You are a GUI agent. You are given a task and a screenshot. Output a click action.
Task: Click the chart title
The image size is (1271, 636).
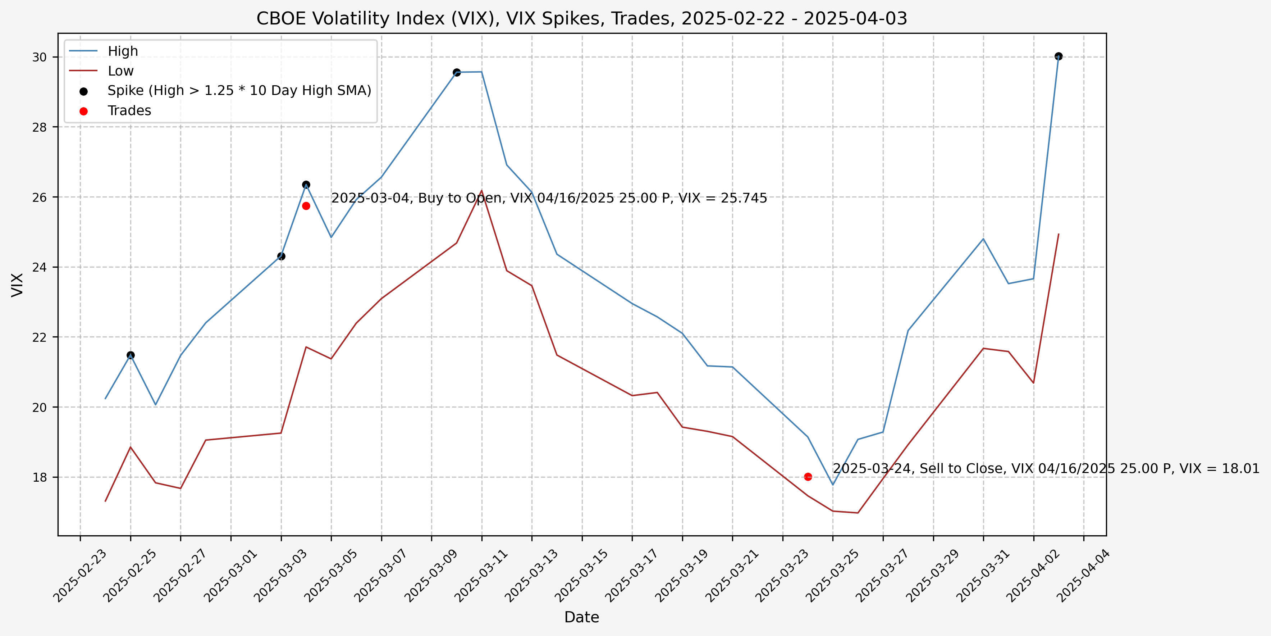pos(581,19)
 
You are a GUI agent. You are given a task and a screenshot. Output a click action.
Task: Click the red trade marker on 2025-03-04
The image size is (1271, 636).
pos(306,206)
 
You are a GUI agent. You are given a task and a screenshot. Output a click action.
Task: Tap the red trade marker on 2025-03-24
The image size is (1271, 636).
pos(808,477)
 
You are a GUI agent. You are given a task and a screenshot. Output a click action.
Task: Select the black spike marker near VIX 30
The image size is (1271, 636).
pos(1059,56)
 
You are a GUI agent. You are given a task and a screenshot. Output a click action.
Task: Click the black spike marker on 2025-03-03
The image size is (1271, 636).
pos(281,256)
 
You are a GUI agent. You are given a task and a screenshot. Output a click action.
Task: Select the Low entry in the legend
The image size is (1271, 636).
pos(120,71)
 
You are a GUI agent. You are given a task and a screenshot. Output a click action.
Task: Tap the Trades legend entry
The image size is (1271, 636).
pos(129,110)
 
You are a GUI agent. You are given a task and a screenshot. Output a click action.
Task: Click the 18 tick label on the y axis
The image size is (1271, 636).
pos(40,477)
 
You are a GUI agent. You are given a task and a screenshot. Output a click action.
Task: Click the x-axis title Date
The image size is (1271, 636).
pos(581,617)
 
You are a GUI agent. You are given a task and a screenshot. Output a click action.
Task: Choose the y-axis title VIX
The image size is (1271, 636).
pos(17,285)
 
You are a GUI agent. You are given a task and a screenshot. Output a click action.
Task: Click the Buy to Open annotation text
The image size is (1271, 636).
pos(549,198)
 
